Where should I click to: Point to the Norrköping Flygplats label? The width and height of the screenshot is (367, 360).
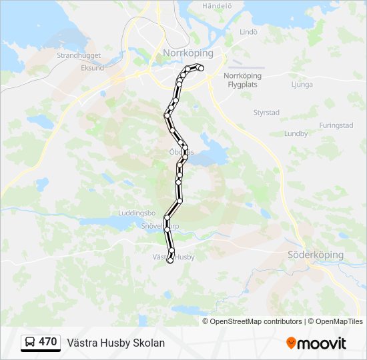[242, 80]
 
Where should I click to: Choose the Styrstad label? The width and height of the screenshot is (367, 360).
[266, 113]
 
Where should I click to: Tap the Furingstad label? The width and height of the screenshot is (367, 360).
[336, 125]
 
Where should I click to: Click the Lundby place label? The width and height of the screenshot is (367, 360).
[296, 133]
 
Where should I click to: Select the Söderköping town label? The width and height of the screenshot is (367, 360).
[315, 255]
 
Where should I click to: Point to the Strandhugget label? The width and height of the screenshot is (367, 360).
[78, 56]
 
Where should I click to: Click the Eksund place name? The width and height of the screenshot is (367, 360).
[92, 68]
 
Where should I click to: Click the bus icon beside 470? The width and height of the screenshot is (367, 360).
[31, 343]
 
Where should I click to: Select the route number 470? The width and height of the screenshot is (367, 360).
[47, 342]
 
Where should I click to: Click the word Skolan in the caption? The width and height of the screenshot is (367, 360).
[148, 343]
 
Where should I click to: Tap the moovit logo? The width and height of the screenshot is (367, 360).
[316, 343]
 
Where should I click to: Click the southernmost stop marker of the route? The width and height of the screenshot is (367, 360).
[169, 261]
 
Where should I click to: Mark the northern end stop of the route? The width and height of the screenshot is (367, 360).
[200, 67]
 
